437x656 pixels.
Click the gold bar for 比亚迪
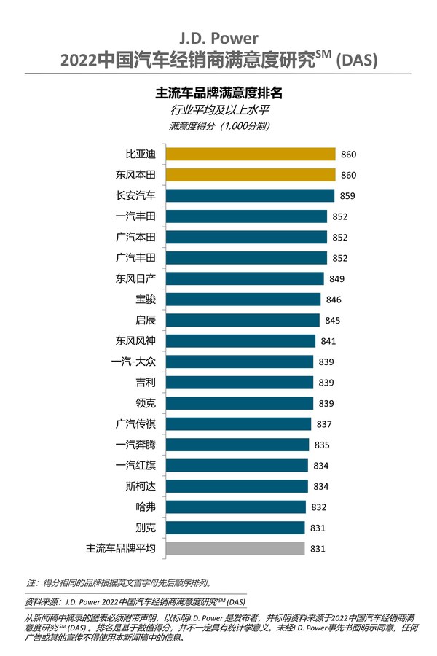tap(251, 155)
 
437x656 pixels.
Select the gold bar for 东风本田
tap(251, 175)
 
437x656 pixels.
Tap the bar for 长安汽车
tap(250, 195)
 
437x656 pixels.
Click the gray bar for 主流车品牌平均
tap(235, 548)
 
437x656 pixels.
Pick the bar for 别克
tap(235, 528)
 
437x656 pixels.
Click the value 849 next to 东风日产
tap(337, 279)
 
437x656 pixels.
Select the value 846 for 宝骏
tap(334, 300)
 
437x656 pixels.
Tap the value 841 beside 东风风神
tap(328, 341)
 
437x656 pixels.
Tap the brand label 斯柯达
tap(141, 486)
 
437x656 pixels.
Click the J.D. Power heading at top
tap(219, 37)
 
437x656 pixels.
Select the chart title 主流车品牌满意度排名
tap(219, 93)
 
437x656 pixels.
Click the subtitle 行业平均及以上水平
tap(219, 110)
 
